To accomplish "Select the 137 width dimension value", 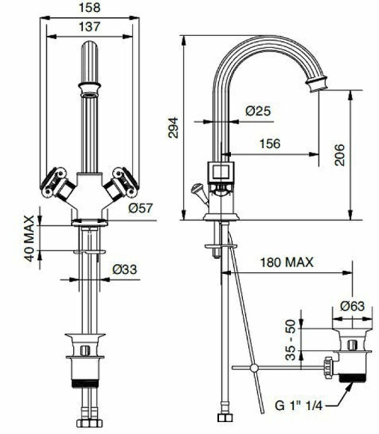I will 89,26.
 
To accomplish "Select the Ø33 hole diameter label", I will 124,269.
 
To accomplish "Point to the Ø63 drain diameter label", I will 351,305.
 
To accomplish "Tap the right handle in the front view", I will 119,182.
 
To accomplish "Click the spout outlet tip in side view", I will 324,82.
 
